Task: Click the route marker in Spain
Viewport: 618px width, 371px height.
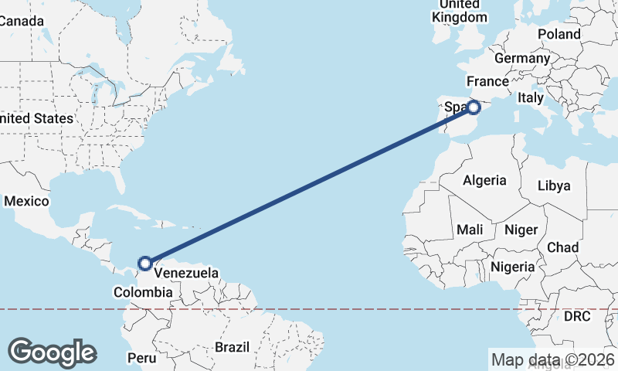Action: click(474, 107)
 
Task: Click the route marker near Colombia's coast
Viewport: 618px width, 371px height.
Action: click(144, 264)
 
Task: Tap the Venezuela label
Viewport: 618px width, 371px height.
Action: click(185, 273)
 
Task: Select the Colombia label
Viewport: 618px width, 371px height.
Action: click(142, 292)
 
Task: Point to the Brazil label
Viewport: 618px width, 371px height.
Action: click(232, 347)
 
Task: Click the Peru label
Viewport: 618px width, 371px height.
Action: click(141, 358)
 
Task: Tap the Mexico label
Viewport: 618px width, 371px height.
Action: click(26, 201)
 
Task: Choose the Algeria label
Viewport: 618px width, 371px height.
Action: click(484, 180)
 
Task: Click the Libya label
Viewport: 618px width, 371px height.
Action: click(553, 185)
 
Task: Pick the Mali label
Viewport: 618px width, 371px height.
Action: click(470, 230)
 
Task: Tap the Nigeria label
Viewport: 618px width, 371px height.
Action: click(513, 267)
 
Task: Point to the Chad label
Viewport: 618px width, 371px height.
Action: click(562, 247)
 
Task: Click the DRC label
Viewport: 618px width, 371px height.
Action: click(576, 317)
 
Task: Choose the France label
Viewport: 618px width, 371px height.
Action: click(487, 81)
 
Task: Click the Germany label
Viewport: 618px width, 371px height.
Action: click(521, 58)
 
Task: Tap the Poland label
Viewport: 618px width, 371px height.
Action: click(559, 34)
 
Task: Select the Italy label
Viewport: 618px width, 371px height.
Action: click(531, 97)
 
